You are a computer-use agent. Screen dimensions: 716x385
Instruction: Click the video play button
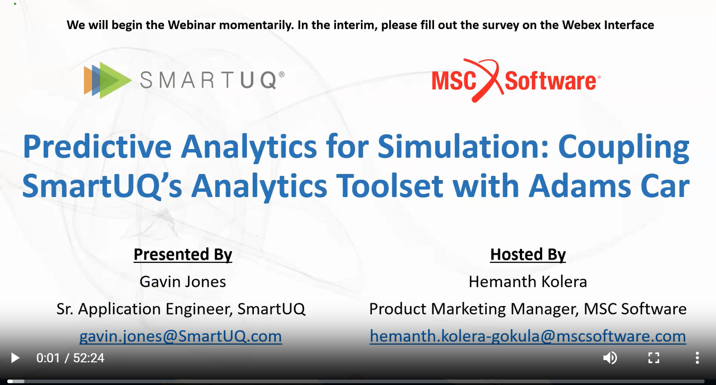click(15, 358)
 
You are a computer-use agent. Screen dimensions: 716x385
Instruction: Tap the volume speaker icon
click(610, 358)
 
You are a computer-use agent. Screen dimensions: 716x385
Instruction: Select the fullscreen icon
click(654, 358)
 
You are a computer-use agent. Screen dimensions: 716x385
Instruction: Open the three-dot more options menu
click(697, 358)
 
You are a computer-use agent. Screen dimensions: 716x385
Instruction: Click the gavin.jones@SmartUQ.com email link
click(181, 336)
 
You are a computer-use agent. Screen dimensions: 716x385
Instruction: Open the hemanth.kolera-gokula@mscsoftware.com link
click(528, 336)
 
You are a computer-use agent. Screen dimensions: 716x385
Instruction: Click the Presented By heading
click(183, 255)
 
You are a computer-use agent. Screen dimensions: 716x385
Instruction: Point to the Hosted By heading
click(528, 255)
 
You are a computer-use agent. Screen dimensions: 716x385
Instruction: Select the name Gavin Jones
click(183, 282)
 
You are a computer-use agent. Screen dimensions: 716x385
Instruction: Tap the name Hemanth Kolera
click(528, 282)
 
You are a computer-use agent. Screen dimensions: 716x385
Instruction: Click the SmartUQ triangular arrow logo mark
click(108, 80)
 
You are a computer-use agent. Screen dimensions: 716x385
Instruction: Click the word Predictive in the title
click(97, 147)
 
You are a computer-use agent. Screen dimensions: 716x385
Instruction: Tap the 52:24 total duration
click(89, 358)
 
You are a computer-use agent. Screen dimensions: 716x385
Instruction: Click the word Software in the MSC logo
click(550, 81)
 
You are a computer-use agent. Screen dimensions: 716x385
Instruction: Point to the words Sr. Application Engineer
click(144, 309)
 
